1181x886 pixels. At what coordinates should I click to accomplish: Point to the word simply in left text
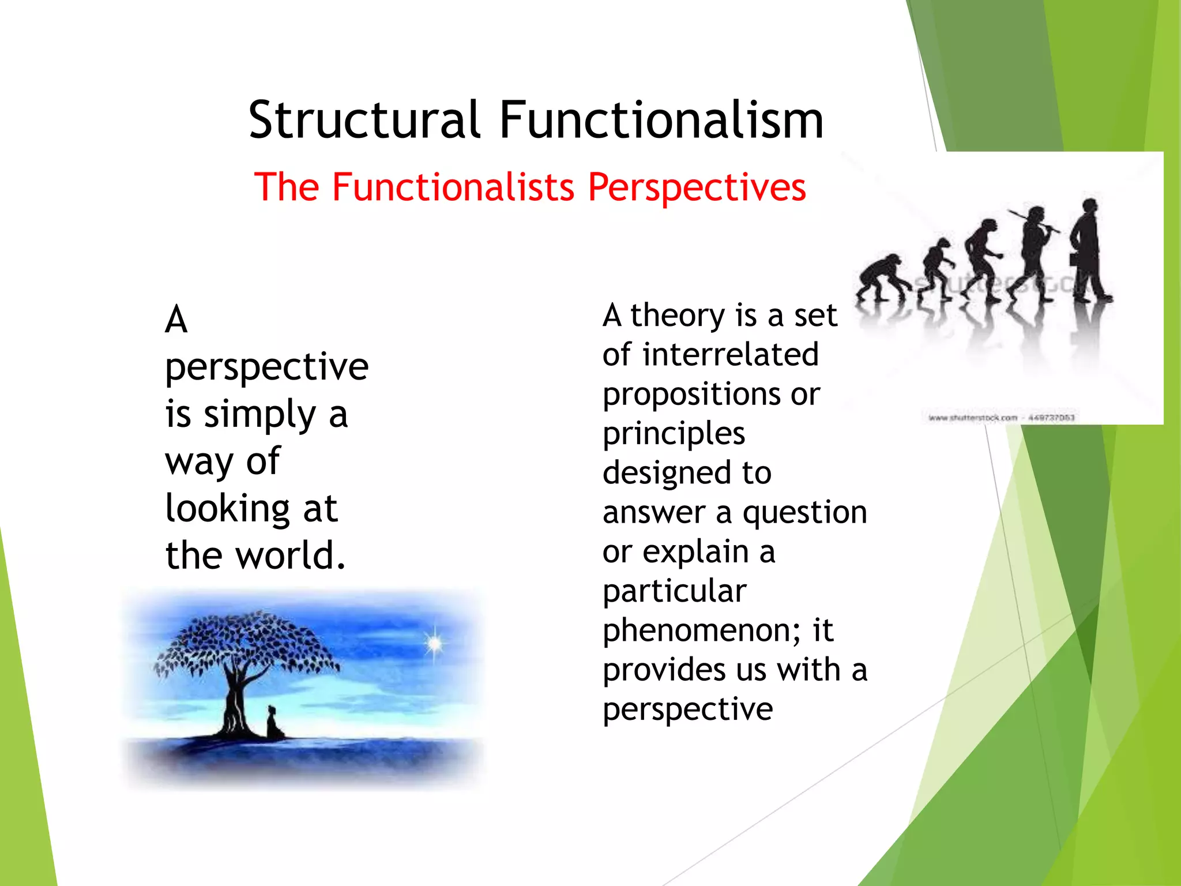click(x=259, y=414)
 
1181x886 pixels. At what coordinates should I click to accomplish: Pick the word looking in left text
click(x=227, y=509)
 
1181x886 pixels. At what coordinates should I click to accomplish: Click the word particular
click(x=674, y=591)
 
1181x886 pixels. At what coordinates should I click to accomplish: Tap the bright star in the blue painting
click(x=434, y=643)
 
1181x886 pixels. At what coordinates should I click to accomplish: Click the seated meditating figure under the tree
click(x=274, y=723)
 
